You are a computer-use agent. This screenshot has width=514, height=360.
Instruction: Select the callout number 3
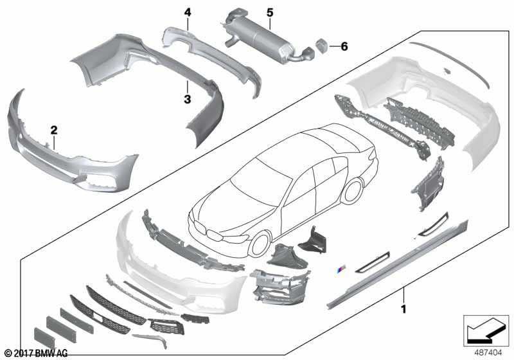point(187,99)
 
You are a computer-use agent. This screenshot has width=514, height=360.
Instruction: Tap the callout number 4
point(188,12)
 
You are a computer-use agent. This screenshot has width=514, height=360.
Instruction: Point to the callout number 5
point(270,12)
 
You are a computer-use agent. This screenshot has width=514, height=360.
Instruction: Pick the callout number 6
point(344,46)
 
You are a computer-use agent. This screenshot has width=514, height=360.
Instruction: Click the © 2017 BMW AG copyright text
point(35,353)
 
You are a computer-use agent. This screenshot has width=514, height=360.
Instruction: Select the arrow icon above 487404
point(486,329)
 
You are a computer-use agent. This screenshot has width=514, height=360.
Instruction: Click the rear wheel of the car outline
point(353,192)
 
